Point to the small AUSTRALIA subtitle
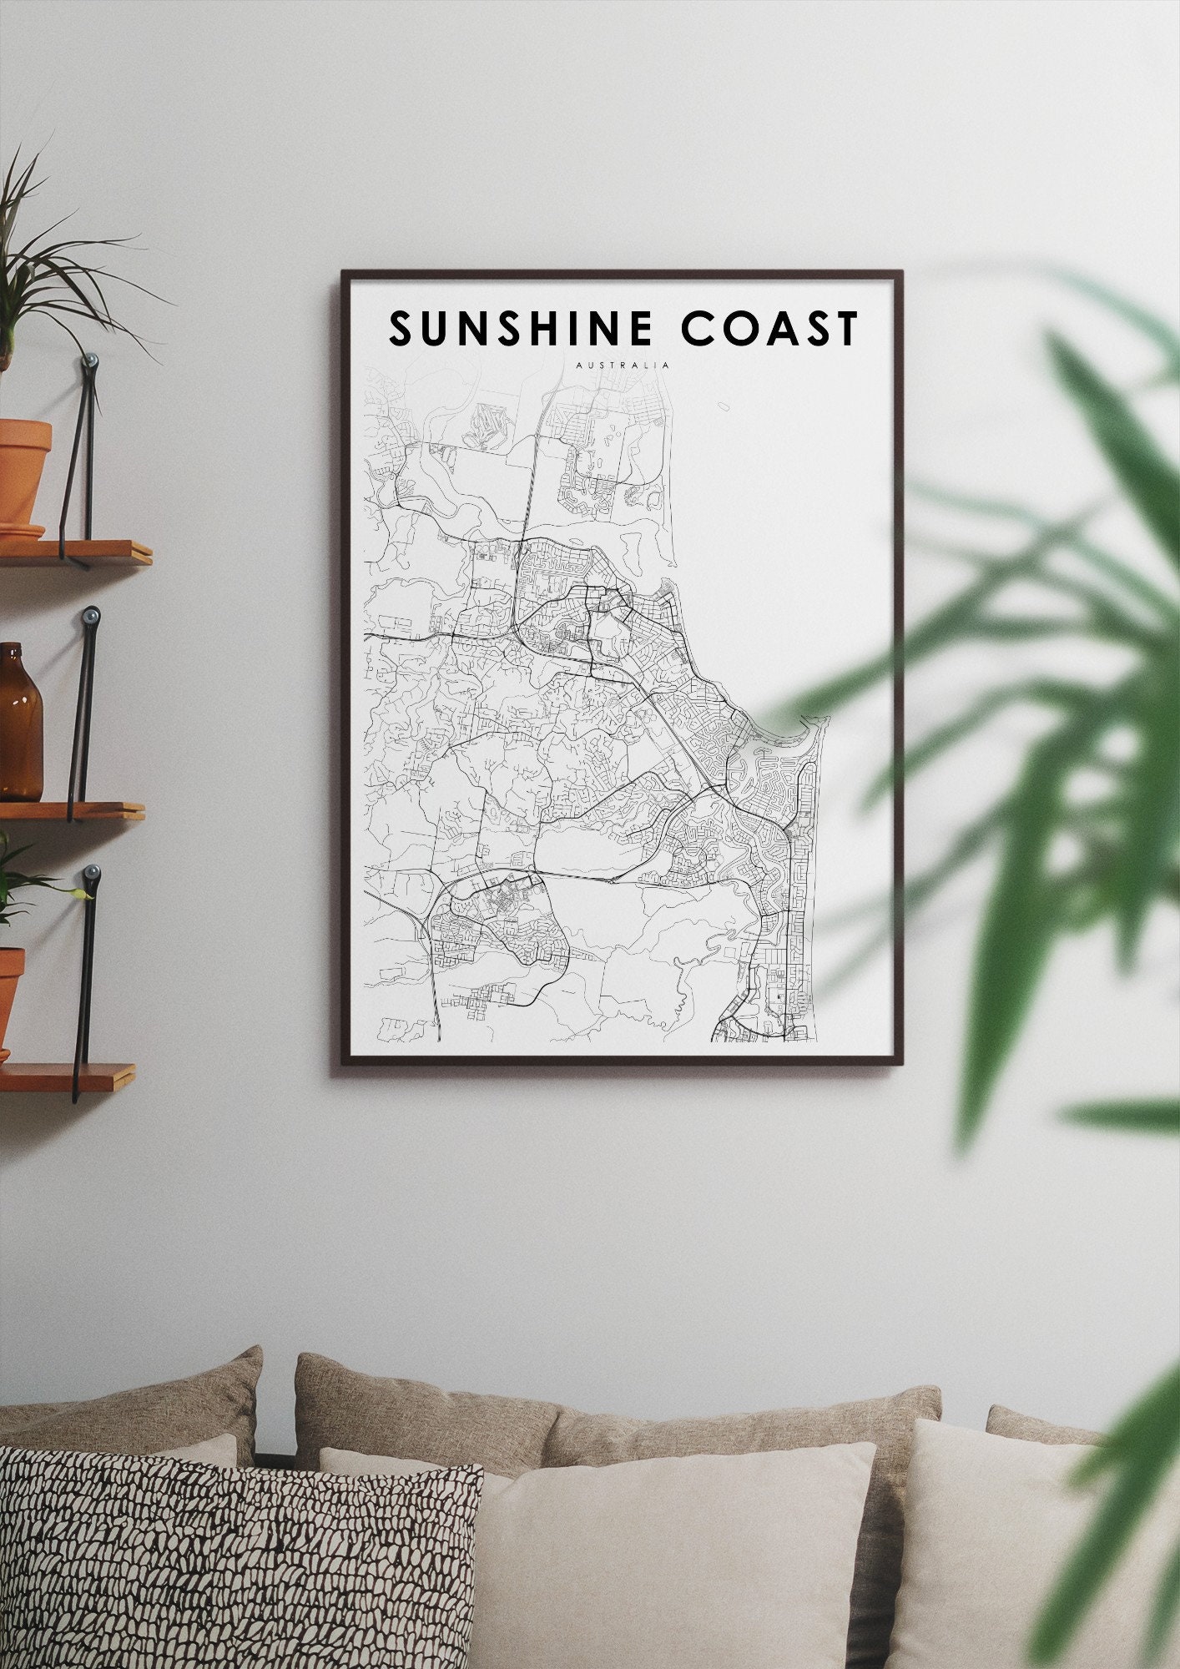622,365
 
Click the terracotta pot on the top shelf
23,472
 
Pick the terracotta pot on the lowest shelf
8,997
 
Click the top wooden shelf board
75,552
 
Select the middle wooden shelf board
71,809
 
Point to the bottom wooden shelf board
67,1077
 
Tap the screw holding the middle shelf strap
90,617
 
